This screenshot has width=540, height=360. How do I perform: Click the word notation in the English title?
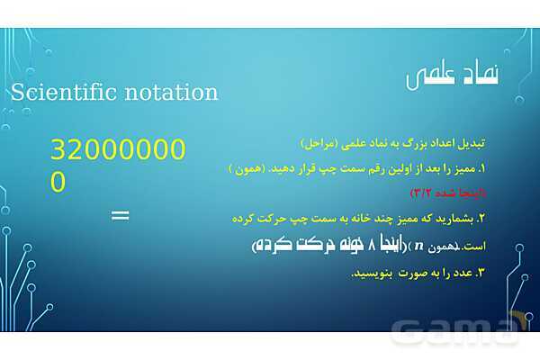tap(170, 92)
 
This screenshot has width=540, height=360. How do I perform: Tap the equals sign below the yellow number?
tap(120, 215)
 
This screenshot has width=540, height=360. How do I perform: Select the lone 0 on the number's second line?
tap(58, 182)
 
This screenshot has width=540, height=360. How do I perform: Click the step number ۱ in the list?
tap(481, 168)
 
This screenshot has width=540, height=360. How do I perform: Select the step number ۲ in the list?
tap(481, 218)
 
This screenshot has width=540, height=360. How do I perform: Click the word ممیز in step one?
tap(463, 168)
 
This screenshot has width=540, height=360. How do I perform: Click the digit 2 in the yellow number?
tap(76, 151)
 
